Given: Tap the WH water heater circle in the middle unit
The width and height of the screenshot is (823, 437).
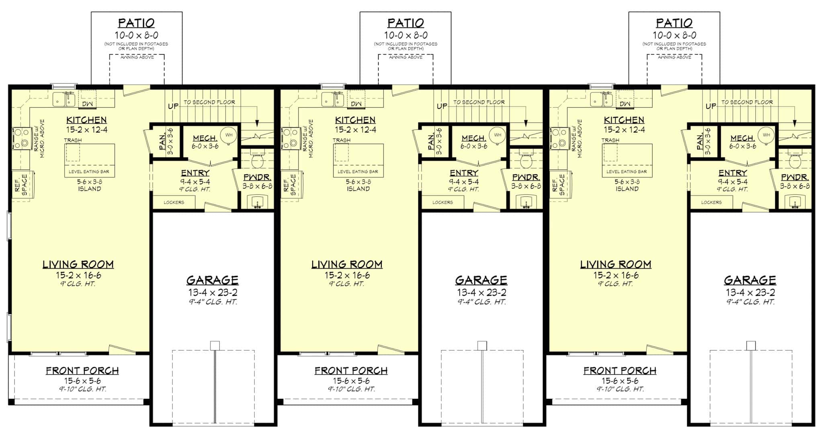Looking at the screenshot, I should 497,135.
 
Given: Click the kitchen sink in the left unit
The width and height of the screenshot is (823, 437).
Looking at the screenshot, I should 64,99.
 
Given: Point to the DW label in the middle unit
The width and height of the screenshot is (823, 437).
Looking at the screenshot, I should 356,104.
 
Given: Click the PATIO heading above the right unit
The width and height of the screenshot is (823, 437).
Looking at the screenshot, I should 674,23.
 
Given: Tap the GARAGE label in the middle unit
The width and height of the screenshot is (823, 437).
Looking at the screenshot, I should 481,280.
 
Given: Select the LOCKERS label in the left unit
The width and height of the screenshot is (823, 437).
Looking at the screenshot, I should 174,202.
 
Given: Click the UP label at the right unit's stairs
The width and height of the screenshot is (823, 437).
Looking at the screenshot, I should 711,106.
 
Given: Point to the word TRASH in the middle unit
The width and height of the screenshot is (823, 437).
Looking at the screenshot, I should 341,140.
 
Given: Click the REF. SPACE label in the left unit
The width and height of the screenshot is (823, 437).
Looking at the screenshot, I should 21,185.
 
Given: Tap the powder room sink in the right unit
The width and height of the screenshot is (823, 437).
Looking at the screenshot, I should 794,202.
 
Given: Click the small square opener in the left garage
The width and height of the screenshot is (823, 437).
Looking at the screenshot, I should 215,345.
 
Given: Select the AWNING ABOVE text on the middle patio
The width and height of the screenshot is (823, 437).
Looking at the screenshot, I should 405,57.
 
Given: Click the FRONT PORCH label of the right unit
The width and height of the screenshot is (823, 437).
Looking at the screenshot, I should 620,371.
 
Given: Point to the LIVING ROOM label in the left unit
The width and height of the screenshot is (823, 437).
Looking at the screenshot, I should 78,264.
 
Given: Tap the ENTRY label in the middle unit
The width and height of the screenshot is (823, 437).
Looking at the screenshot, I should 464,173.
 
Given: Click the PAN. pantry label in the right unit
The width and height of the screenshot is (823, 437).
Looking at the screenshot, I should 700,142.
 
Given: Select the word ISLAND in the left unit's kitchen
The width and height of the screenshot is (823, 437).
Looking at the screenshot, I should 89,189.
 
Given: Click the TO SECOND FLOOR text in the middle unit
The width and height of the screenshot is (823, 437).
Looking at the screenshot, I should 479,102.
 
